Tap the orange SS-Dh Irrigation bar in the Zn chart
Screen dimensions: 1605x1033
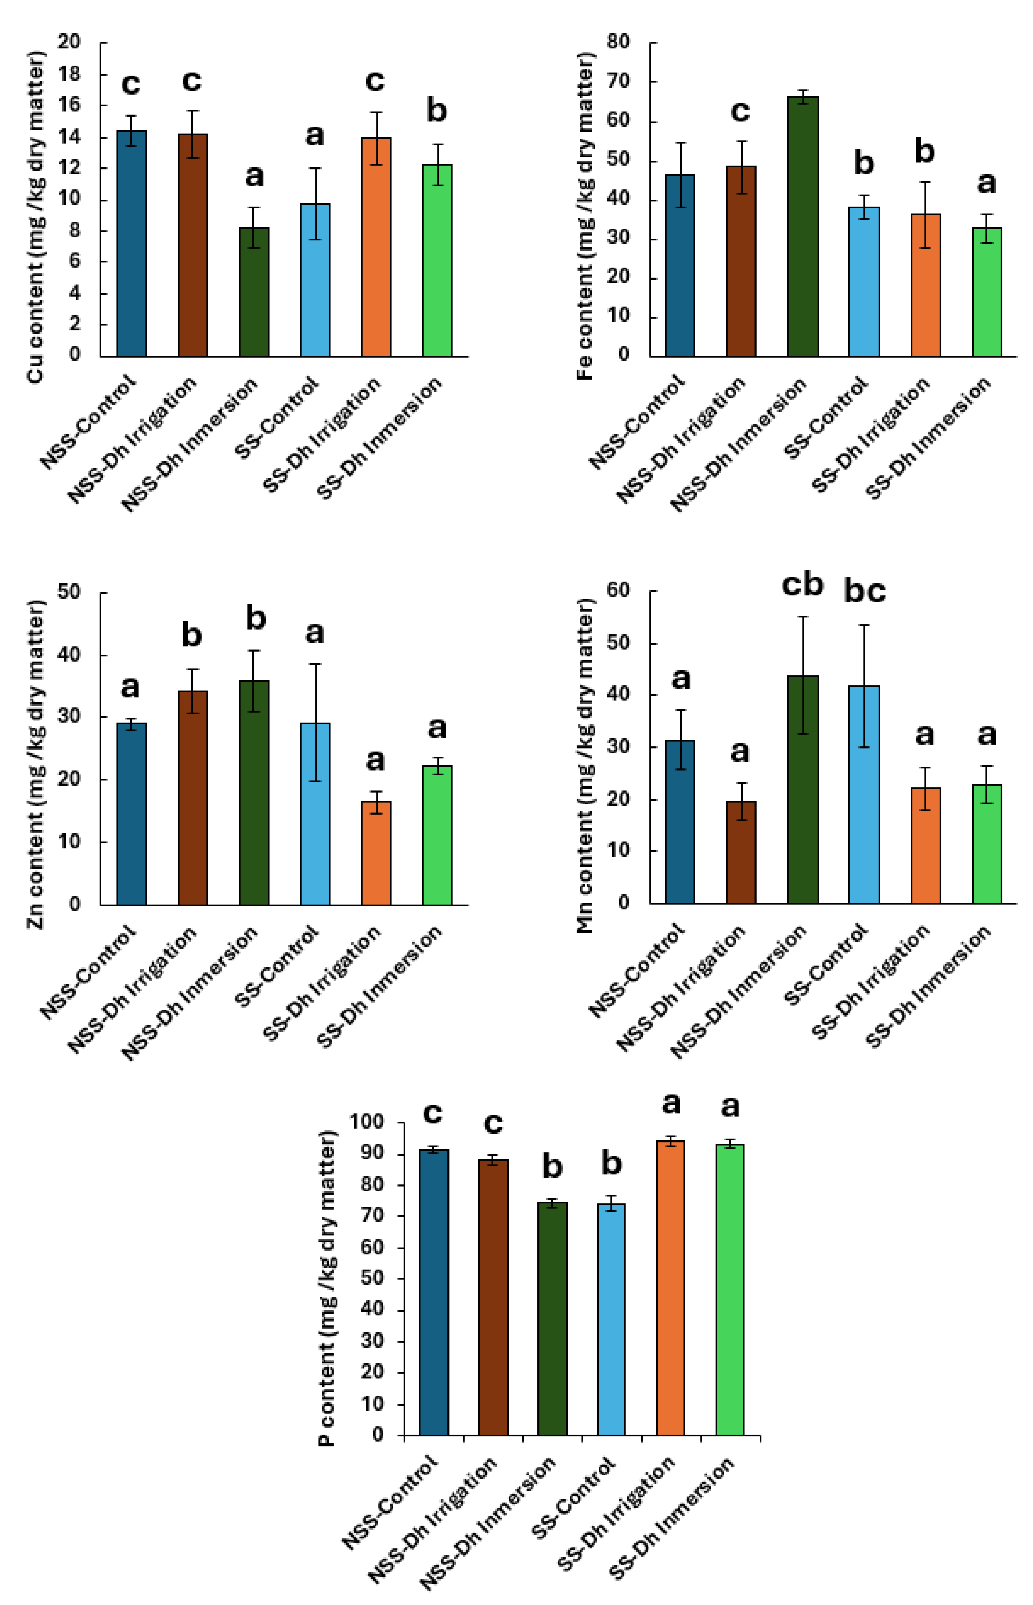click(x=376, y=852)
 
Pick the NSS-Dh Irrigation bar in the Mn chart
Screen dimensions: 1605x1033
click(x=741, y=852)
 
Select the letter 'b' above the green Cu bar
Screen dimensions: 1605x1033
click(x=436, y=110)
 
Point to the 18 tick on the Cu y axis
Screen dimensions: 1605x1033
click(x=69, y=73)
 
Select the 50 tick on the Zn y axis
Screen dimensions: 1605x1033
click(x=69, y=591)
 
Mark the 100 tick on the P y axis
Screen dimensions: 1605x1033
click(x=367, y=1122)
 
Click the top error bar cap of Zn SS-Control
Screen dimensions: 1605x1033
click(x=315, y=664)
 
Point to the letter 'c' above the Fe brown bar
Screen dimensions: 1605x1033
click(x=740, y=111)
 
